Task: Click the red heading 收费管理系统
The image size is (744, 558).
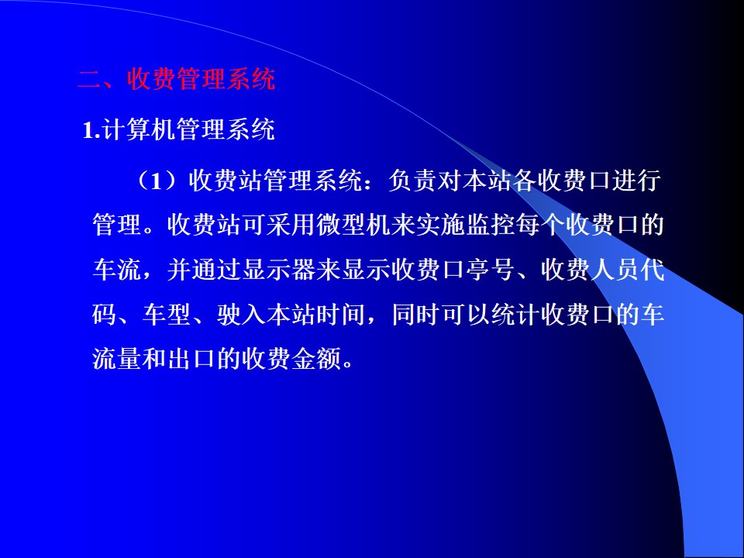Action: [201, 79]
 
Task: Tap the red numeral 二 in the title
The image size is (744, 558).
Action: [89, 80]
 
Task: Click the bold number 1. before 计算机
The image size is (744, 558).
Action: [91, 130]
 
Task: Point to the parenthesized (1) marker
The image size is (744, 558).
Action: [161, 181]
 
